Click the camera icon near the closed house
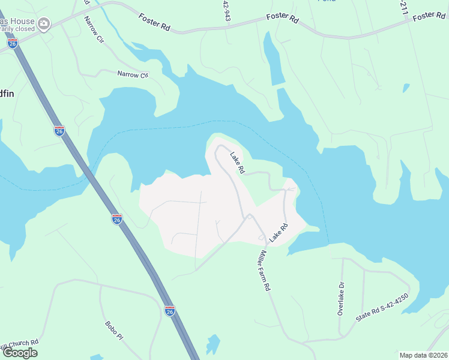(43, 24)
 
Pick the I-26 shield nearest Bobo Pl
(170, 311)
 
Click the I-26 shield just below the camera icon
(13, 43)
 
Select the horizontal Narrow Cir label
(132, 75)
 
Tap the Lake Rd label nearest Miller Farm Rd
(279, 233)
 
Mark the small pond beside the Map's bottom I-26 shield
(212, 344)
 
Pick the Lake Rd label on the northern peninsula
(237, 162)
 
